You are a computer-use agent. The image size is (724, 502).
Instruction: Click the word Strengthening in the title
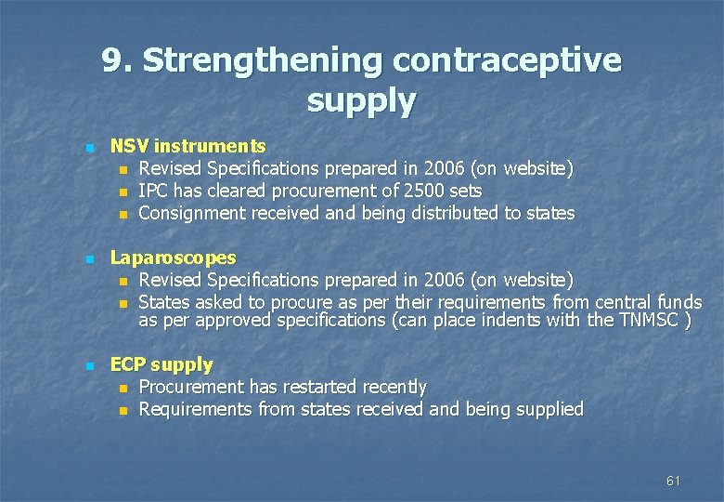pos(263,61)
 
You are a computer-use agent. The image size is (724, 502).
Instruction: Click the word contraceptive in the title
pos(507,61)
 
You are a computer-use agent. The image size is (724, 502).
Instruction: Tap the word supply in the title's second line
pos(361,100)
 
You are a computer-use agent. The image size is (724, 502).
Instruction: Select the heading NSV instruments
pos(188,146)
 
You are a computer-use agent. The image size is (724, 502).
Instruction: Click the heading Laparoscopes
pos(174,258)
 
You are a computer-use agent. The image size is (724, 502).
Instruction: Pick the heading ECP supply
pos(162,364)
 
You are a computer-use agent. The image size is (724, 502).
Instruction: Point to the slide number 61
pos(673,481)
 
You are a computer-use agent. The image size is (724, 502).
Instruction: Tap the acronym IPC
pos(152,191)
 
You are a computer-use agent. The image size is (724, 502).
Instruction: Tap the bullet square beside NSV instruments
pos(88,148)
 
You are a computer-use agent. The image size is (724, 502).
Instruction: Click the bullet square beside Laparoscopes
pos(88,259)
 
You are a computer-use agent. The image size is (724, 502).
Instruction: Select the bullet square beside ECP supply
pos(88,366)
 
